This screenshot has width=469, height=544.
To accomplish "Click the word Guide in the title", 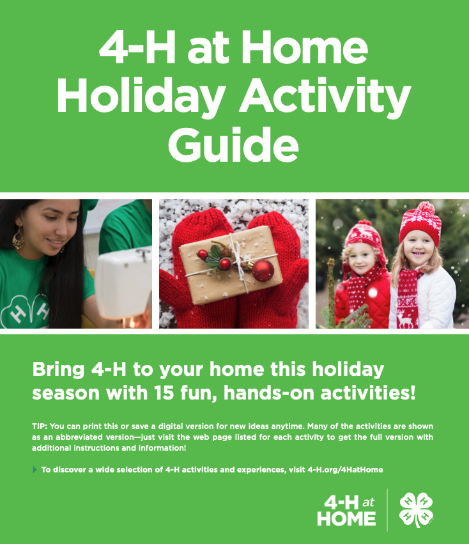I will [x=234, y=144].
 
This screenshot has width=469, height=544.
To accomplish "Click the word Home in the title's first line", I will [x=311, y=49].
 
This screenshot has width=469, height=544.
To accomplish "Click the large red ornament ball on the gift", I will [x=263, y=271].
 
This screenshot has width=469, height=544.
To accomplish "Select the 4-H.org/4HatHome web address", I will [x=345, y=470].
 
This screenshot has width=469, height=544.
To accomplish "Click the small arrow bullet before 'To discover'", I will [x=35, y=470].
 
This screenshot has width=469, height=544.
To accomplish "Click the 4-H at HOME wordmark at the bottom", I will [x=346, y=510].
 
